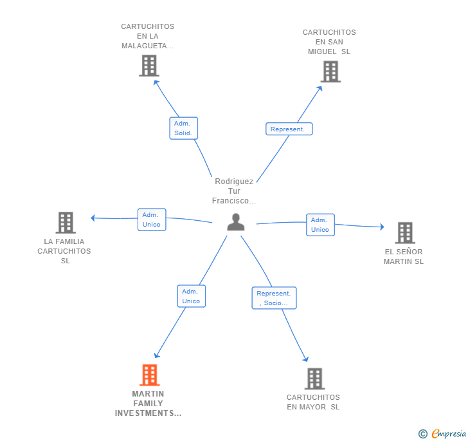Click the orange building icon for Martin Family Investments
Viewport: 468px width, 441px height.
150,375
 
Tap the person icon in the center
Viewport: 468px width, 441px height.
236,222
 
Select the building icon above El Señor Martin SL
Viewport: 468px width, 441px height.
405,232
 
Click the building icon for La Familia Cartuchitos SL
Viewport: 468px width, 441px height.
66,223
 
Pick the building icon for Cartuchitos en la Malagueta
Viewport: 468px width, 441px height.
149,66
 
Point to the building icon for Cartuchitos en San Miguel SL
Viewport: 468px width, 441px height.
330,71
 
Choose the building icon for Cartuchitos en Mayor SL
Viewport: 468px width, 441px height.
314,379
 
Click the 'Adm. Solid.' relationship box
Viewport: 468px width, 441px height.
184,128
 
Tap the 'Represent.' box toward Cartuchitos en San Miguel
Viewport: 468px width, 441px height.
289,129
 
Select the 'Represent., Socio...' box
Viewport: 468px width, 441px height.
274,298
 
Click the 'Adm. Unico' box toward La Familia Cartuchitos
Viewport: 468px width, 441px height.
152,220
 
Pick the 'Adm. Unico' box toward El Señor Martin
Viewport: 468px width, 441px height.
320,225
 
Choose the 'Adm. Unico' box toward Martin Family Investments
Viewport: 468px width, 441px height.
192,296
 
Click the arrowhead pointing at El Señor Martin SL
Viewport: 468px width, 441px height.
382,227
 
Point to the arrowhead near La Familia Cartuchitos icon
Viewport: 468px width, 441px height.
93,218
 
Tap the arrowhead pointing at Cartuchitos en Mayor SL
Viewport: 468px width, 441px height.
305,359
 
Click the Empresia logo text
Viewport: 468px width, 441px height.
449,433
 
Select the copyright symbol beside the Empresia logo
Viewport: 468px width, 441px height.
422,433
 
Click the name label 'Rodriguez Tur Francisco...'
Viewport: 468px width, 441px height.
234,191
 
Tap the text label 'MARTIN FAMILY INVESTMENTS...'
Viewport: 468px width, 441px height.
148,403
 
